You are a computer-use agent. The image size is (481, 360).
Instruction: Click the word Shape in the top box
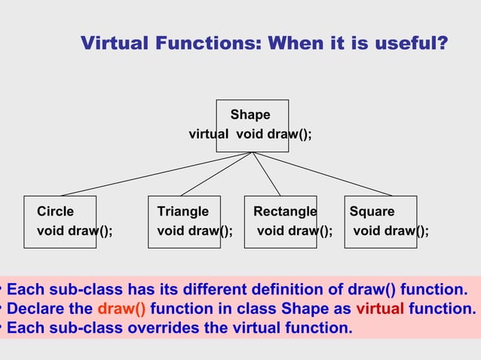(250, 114)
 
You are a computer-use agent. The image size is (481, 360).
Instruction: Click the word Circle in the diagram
(56, 212)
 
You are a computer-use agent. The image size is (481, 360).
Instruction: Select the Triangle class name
(182, 212)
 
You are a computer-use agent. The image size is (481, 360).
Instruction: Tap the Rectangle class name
(284, 212)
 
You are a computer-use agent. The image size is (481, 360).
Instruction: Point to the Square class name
(371, 212)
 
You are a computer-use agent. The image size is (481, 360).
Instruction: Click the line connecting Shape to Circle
(151, 175)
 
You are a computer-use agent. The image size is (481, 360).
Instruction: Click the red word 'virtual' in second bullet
(380, 309)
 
